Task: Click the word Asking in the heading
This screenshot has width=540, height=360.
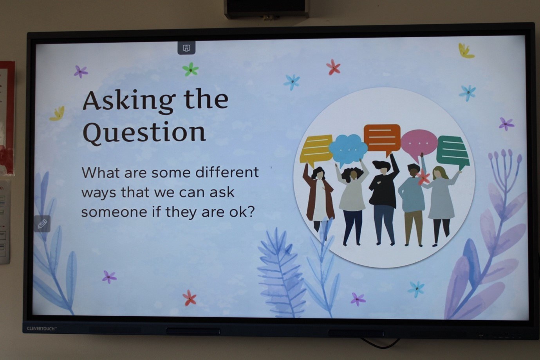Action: point(129,101)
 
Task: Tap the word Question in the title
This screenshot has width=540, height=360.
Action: point(144,133)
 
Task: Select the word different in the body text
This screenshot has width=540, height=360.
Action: point(227,172)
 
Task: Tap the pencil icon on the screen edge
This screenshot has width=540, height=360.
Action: point(42,224)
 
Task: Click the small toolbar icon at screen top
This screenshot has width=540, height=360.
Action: point(186,48)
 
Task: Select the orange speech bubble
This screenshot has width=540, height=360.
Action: point(382,139)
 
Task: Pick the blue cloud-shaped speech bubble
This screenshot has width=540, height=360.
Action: point(348,149)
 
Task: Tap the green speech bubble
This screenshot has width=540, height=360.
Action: point(453,151)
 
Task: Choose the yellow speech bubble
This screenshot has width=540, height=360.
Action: point(316,150)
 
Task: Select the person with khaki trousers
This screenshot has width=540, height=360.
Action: point(412,205)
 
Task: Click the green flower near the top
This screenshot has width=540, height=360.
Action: point(190,69)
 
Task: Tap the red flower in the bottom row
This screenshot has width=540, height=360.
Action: point(190,298)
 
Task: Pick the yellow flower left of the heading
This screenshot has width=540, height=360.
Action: point(58,114)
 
